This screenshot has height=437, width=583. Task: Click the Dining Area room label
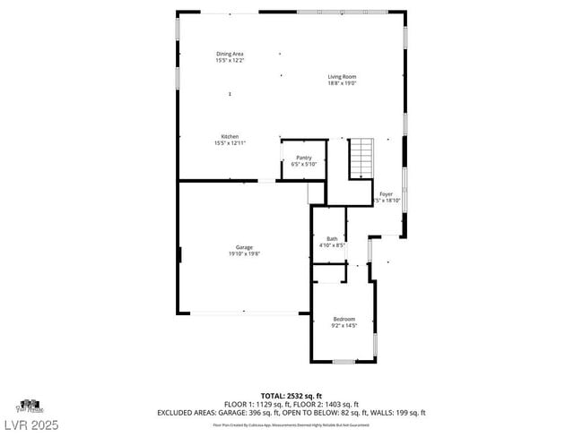[230, 54]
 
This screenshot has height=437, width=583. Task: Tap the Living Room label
[342, 77]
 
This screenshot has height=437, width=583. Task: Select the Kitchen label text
[230, 136]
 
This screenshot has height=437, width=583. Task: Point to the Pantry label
[304, 158]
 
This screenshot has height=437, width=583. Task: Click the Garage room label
[244, 247]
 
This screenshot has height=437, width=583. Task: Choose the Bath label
[332, 238]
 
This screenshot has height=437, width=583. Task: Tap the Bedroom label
[344, 319]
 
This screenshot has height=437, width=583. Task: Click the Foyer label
[387, 194]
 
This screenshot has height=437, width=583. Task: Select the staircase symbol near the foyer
[360, 159]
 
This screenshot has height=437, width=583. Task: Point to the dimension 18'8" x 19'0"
[342, 83]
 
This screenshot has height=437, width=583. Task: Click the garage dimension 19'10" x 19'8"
[244, 253]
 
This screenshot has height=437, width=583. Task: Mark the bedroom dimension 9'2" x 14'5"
[344, 325]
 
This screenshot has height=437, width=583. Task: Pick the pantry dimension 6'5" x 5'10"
[304, 164]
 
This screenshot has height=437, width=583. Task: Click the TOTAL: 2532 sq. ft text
[291, 395]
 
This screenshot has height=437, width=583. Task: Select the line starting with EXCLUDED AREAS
[291, 412]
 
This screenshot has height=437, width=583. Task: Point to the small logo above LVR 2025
[30, 405]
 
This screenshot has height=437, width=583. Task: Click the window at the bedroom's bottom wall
[344, 361]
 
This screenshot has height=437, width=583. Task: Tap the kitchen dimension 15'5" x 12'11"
[230, 142]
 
